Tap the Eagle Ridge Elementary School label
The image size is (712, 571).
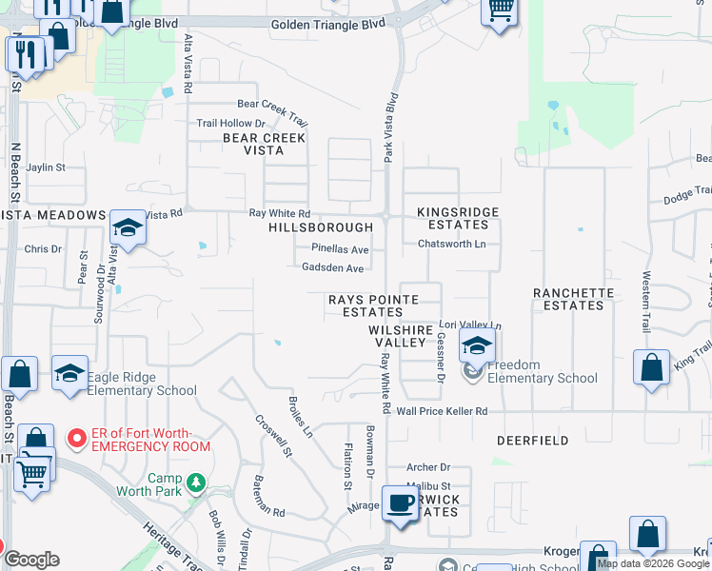(x=142, y=384)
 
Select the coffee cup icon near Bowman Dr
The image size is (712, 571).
(x=400, y=502)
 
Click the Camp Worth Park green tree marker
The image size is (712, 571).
(x=197, y=482)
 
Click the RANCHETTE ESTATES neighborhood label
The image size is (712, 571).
(x=574, y=299)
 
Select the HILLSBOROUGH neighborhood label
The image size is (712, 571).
(x=321, y=228)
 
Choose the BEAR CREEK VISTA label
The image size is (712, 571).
(x=265, y=144)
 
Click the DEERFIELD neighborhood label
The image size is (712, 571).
(x=533, y=441)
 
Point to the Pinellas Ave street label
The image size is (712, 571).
(x=340, y=249)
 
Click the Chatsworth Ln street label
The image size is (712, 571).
(x=452, y=244)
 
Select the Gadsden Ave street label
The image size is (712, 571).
(x=333, y=268)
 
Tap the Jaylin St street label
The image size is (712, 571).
(x=46, y=167)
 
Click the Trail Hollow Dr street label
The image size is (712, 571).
(x=230, y=124)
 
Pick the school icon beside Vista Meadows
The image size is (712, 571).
(x=128, y=227)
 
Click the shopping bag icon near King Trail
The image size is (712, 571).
(x=651, y=367)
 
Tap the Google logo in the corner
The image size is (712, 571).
(x=32, y=561)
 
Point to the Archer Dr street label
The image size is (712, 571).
(x=427, y=467)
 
